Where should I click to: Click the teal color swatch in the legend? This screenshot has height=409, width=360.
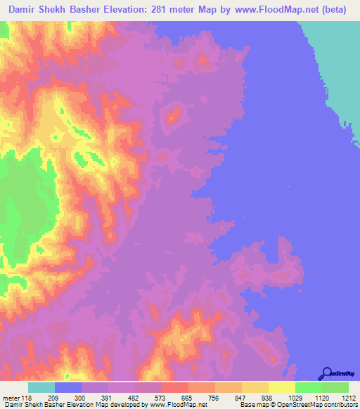[x=41, y=387]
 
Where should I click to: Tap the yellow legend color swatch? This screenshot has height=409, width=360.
[x=282, y=387]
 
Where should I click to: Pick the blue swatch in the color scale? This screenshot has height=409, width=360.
[x=68, y=387]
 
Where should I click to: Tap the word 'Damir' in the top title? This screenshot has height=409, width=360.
[x=24, y=10]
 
